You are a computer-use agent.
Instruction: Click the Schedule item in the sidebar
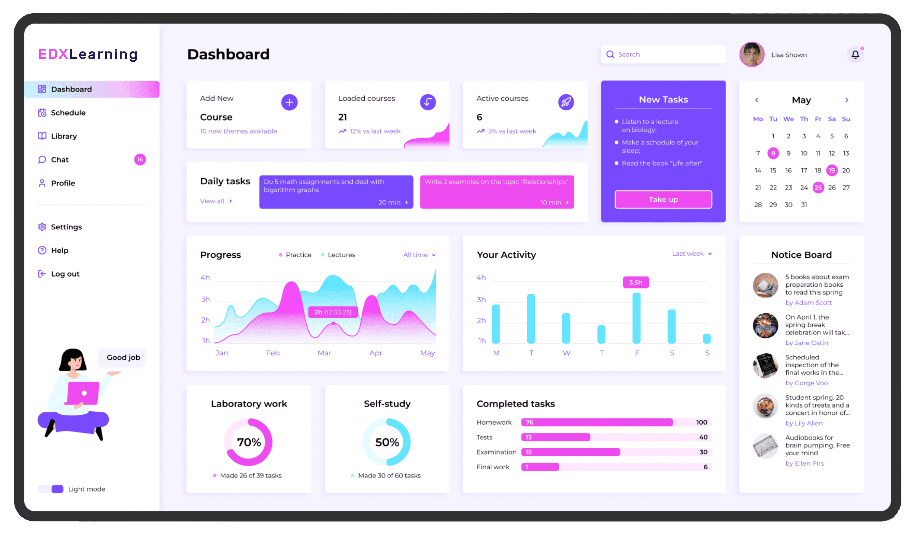click(68, 113)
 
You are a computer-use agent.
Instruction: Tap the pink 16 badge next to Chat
click(140, 160)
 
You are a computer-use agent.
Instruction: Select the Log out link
click(65, 274)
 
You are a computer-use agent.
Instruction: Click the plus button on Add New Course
click(289, 102)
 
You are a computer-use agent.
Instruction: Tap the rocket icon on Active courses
click(566, 102)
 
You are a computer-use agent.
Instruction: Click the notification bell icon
click(855, 55)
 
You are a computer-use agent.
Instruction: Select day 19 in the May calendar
click(831, 170)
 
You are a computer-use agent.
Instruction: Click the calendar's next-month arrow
click(847, 100)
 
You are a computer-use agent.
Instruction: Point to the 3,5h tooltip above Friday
click(636, 282)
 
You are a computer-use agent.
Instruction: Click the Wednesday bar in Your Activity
click(566, 328)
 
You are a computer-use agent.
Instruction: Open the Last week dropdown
click(691, 253)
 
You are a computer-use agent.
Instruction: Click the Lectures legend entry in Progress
click(341, 255)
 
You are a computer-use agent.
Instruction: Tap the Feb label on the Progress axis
click(273, 353)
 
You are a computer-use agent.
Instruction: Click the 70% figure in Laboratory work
click(249, 442)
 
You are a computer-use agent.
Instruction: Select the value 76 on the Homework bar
click(529, 422)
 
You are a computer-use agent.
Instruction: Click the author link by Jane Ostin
click(806, 343)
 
